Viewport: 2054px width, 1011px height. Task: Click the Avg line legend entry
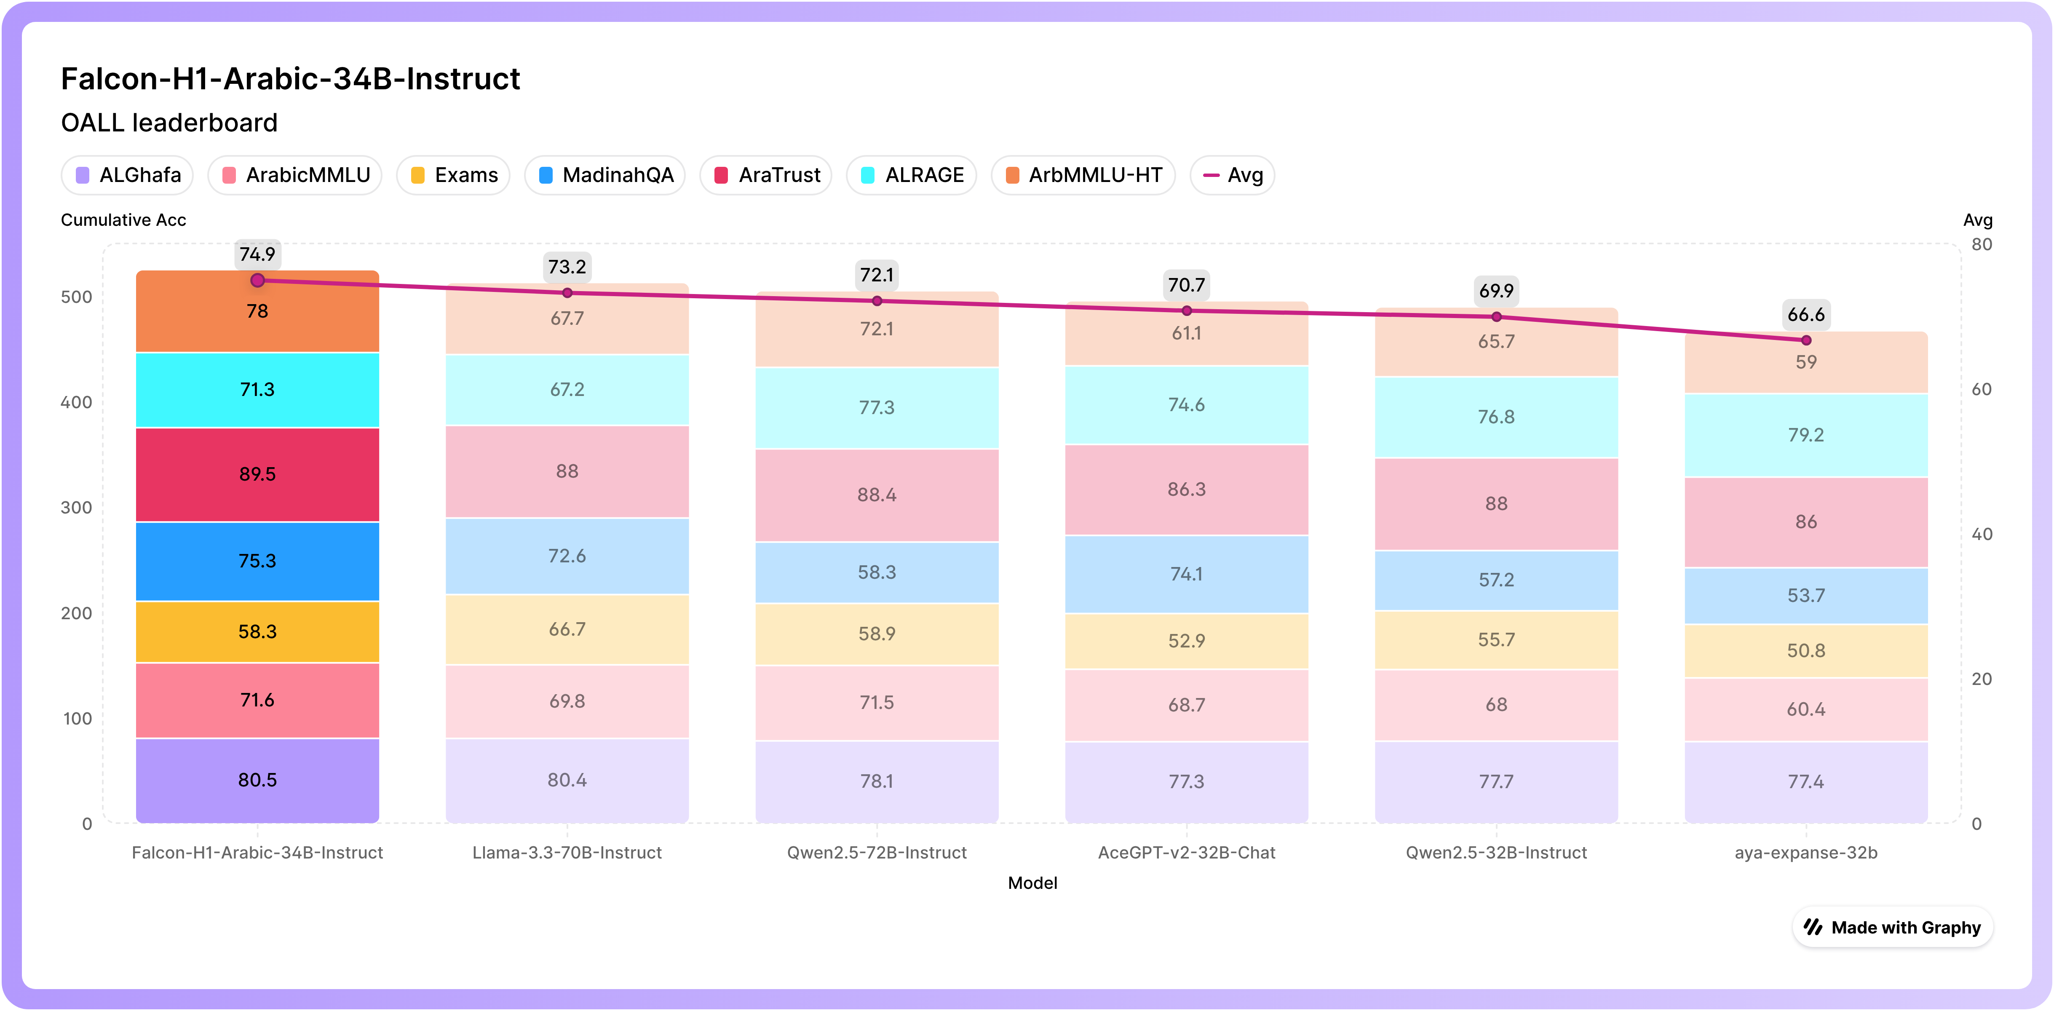(x=1233, y=175)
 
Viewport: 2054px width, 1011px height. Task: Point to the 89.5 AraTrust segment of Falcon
(x=257, y=474)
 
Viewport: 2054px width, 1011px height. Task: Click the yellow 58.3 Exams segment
(x=257, y=631)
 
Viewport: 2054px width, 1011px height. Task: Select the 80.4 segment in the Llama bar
(x=567, y=780)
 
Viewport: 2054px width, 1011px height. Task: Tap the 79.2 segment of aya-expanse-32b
(x=1806, y=435)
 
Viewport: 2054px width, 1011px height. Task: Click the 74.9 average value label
(x=257, y=254)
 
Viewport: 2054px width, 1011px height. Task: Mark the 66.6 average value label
(x=1806, y=315)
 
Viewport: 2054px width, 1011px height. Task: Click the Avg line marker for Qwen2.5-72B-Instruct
(x=877, y=301)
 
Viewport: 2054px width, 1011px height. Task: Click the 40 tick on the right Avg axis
(x=1982, y=534)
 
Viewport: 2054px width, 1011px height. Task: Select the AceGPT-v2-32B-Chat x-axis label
(x=1187, y=852)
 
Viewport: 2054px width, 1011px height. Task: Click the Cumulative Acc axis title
(x=123, y=220)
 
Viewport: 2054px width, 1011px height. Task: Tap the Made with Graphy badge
(x=1893, y=927)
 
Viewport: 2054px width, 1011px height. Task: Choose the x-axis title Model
(x=1032, y=883)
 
